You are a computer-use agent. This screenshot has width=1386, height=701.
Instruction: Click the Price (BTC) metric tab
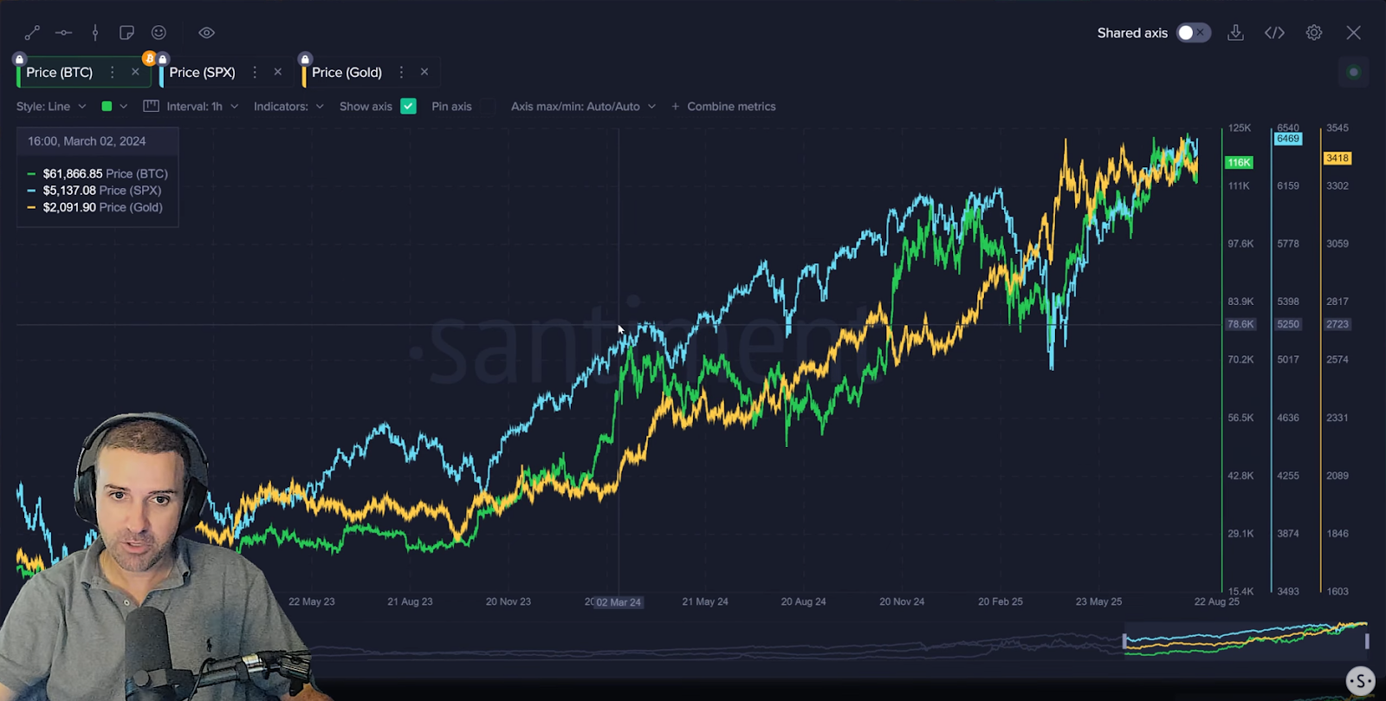coord(59,73)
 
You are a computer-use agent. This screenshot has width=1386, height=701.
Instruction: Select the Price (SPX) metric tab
coord(202,73)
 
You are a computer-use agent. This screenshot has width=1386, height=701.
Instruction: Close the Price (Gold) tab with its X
coord(424,72)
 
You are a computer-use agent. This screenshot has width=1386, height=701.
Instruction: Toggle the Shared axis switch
coord(1193,33)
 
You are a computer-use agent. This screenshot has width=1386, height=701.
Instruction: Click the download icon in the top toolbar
coord(1235,33)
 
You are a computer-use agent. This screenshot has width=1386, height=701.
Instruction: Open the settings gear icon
coord(1314,33)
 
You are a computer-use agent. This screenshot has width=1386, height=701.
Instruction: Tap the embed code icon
coord(1274,33)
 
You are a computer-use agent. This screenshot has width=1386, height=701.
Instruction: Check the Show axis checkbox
coord(409,107)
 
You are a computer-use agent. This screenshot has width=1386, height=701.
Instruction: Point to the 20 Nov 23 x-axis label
coord(508,601)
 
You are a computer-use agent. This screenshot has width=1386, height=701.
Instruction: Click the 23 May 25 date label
coord(1098,601)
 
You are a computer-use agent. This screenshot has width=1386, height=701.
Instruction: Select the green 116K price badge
coord(1239,163)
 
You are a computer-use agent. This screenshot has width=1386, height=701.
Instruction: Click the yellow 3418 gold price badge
coord(1337,158)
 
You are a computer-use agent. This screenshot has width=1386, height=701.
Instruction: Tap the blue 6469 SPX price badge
coord(1288,139)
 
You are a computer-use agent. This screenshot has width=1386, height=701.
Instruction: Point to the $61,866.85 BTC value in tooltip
coord(73,174)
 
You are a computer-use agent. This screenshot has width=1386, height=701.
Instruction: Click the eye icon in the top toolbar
coord(206,33)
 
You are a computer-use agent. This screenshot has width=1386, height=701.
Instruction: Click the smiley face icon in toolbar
coord(159,33)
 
